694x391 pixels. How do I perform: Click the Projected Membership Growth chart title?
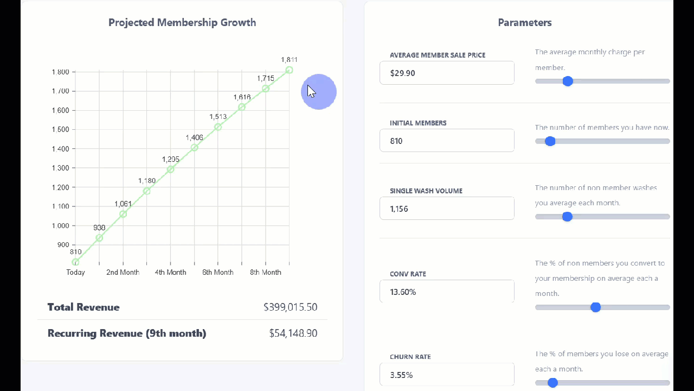coord(182,22)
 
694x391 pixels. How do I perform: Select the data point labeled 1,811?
coord(289,70)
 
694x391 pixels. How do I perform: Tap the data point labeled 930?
coord(99,238)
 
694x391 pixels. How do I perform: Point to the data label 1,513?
coord(218,117)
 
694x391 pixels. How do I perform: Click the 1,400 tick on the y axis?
coord(60,149)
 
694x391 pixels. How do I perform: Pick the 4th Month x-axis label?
coord(170,272)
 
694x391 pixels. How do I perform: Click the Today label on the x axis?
coord(75,272)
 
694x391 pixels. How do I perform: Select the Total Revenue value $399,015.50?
coord(290,307)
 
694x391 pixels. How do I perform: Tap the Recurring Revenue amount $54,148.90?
coord(293,333)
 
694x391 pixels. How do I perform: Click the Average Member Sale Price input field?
coord(447,73)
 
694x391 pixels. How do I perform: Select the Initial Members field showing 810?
coord(447,141)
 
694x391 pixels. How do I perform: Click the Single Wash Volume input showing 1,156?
coord(447,209)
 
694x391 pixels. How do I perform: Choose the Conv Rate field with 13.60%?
coord(447,292)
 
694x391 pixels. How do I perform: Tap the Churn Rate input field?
coord(447,375)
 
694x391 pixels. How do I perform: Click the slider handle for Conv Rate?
coord(595,307)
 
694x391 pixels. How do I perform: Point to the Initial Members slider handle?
coord(550,141)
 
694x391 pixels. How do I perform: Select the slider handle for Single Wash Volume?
coord(567,217)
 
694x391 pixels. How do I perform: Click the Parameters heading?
coord(524,22)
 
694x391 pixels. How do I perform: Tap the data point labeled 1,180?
coord(146,191)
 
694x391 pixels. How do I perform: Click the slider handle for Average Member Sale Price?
coord(568,81)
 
